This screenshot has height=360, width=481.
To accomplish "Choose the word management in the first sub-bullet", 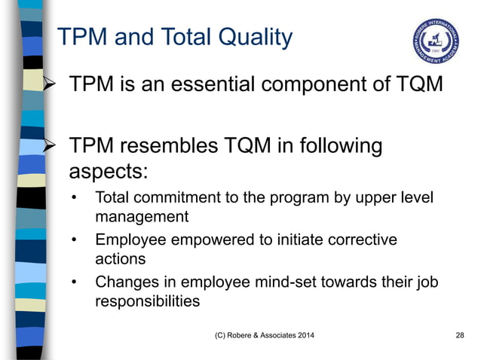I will pyautogui.click(x=141, y=218).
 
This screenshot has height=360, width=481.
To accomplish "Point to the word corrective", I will pyautogui.click(x=360, y=240).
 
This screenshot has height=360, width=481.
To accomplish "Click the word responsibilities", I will pyautogui.click(x=147, y=301).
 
